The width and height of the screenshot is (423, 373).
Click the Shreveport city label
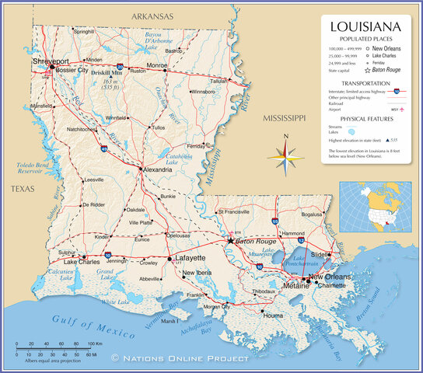coord(51,60)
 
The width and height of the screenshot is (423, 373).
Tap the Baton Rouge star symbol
coord(230,241)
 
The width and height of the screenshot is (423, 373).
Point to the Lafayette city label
coord(189,257)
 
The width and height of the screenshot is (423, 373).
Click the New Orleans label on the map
coord(329,277)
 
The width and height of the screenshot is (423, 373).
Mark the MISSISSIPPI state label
coord(285,118)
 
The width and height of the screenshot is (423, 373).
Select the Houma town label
coord(273,316)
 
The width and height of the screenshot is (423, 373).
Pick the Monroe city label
coord(157,65)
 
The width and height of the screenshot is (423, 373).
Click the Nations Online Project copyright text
coord(180,358)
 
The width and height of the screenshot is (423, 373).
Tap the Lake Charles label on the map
coord(81,262)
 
